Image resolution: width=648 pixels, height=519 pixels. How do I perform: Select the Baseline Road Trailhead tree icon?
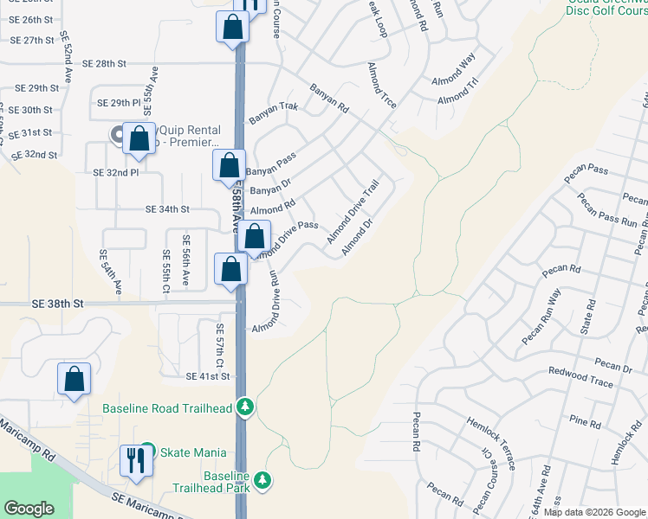246,406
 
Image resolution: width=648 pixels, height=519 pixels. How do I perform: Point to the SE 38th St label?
59,304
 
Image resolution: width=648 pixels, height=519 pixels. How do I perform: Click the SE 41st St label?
207,377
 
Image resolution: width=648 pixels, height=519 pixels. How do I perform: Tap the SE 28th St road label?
105,64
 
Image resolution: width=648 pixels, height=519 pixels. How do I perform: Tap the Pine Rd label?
586,423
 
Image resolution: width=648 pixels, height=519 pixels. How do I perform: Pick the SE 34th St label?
167,209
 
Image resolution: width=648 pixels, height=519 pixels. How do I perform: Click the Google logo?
29,509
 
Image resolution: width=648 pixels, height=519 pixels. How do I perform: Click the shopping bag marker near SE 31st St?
139,138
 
